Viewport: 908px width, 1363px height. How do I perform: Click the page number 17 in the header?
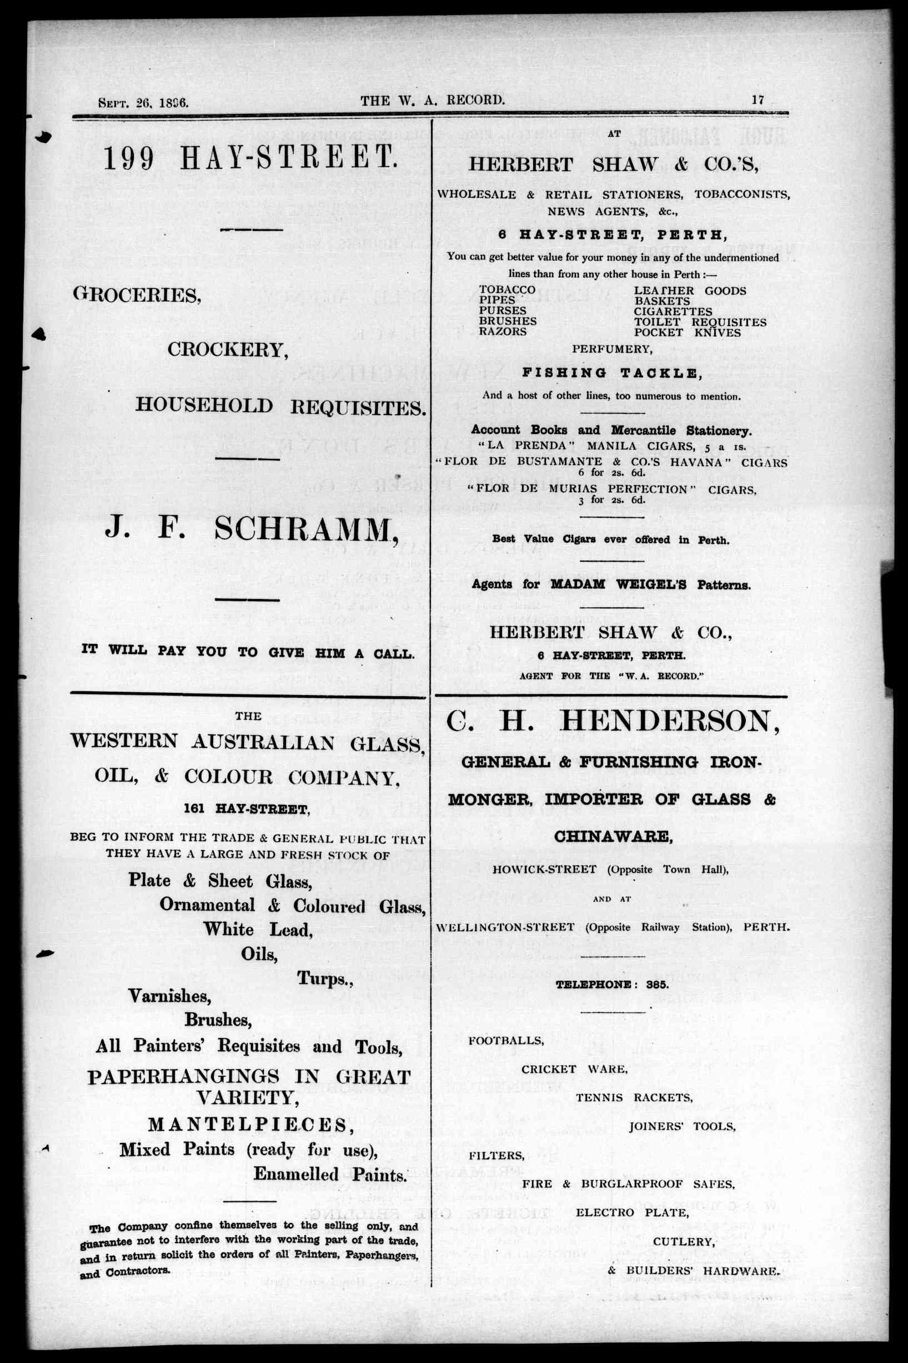758,99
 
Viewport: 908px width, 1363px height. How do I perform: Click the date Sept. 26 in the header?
125,103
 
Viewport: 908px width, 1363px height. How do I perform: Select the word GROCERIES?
137,296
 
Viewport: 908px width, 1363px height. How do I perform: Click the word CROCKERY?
228,350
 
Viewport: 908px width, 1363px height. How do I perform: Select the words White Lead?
258,930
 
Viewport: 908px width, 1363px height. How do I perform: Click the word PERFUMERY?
612,350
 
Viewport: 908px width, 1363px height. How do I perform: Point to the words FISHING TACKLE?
612,373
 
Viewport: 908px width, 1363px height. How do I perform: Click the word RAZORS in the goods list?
503,332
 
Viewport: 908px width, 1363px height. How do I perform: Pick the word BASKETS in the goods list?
662,301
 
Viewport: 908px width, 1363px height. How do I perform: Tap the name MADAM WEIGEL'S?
619,585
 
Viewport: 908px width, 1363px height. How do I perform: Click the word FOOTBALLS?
505,1040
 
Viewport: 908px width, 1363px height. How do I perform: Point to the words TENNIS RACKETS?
634,1098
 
